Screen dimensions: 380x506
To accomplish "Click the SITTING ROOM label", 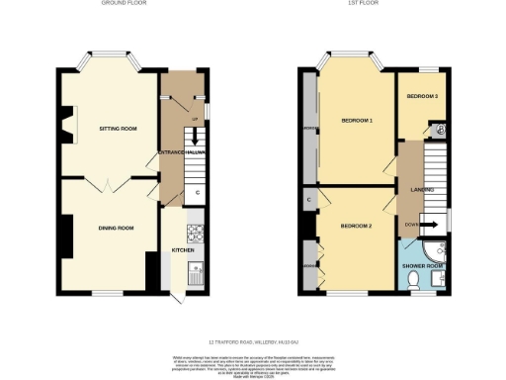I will pos(117,129).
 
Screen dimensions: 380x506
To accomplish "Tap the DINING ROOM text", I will pos(116,228).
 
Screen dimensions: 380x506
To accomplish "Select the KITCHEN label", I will pos(183,250).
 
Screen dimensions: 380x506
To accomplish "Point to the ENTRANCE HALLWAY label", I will pos(181,151).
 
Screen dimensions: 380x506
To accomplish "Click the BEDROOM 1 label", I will pos(357,120).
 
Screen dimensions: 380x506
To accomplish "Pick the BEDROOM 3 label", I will pos(423,96).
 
